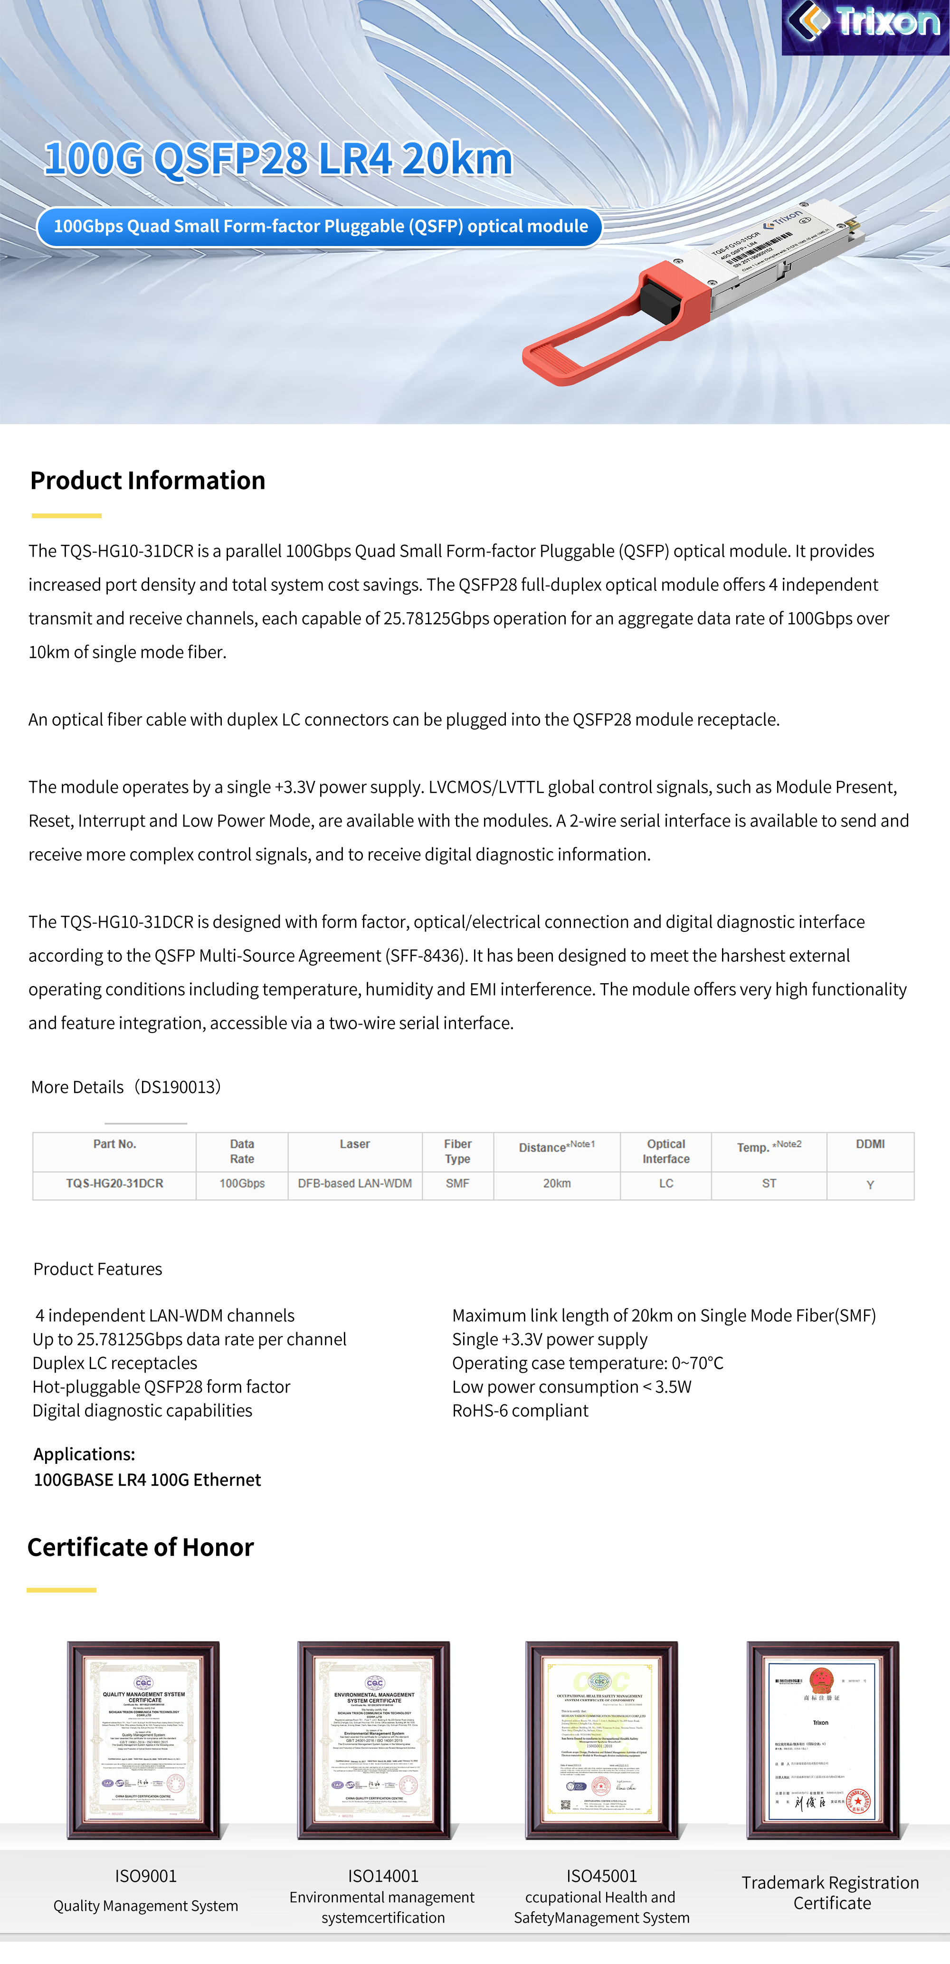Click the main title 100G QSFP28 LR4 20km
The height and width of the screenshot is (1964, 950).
[x=278, y=159]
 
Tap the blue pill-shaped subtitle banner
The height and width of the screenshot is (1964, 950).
[x=320, y=227]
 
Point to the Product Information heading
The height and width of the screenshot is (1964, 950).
[x=148, y=480]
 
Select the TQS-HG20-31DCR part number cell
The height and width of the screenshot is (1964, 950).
[x=114, y=1183]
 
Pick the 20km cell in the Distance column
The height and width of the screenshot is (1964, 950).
[x=557, y=1183]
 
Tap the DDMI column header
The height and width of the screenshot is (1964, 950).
[x=870, y=1144]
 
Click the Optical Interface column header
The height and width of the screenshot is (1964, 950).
[x=665, y=1151]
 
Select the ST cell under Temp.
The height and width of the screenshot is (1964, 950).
[x=769, y=1183]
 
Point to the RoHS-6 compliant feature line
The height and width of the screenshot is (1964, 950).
[x=520, y=1411]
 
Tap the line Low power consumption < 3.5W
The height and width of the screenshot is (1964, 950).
[x=572, y=1387]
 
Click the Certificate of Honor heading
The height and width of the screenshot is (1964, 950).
[x=140, y=1547]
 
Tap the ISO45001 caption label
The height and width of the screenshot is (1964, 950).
[x=601, y=1876]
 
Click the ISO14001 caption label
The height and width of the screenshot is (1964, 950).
[x=383, y=1876]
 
